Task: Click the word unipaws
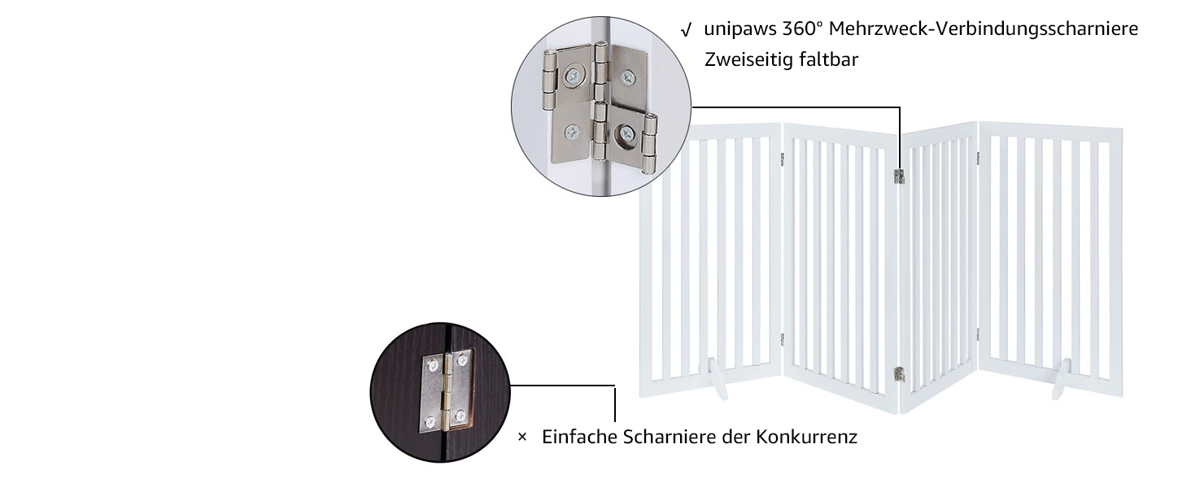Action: (x=740, y=29)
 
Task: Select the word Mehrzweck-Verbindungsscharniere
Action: (x=984, y=28)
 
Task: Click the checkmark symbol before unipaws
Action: (x=687, y=30)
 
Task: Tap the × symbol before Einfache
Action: (x=522, y=437)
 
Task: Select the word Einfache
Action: (x=579, y=437)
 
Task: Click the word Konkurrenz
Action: (x=806, y=437)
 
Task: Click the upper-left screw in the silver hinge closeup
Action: (x=574, y=76)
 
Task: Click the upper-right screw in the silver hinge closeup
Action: (x=627, y=77)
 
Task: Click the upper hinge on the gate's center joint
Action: (x=899, y=176)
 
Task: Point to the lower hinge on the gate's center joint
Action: (x=899, y=374)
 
